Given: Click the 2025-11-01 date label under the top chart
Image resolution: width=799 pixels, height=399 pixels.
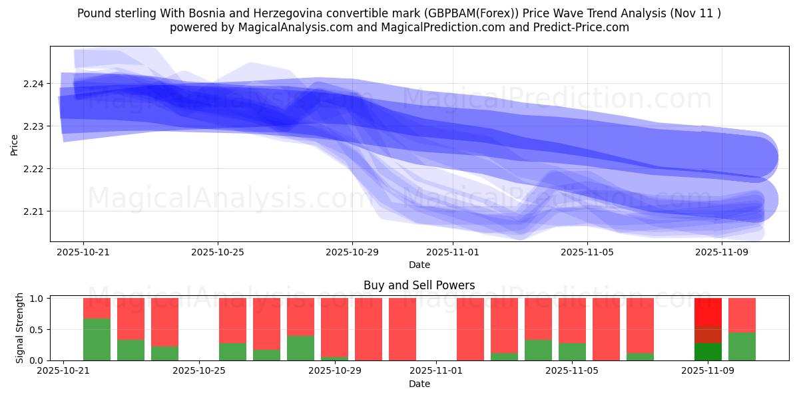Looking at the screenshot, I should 453,253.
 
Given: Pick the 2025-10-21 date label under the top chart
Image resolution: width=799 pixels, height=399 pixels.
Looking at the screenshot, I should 83,253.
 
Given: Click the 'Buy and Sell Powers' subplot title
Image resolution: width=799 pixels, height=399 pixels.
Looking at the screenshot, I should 419,285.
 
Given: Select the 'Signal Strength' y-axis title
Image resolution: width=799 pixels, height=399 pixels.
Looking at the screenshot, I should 20,328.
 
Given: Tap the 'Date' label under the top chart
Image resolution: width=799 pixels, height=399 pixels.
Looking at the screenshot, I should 419,265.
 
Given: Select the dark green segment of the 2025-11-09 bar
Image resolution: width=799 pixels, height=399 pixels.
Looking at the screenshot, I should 708,351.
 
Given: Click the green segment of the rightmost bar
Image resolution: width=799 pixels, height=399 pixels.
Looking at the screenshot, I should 742,346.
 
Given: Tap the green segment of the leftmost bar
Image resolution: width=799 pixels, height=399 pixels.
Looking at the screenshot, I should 97,339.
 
